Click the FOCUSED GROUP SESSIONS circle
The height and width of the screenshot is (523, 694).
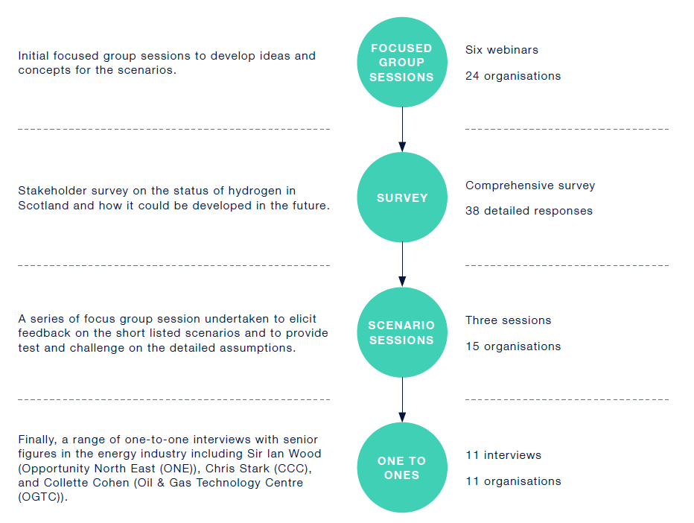[402, 62]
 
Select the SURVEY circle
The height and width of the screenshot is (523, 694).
[402, 197]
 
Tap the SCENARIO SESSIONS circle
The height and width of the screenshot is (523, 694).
[402, 332]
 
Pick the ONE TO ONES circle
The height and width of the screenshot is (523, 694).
[402, 467]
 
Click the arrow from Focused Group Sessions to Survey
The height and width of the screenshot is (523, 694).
[402, 130]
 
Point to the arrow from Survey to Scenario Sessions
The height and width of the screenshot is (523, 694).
[402, 264]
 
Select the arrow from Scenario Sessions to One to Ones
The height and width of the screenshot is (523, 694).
[402, 399]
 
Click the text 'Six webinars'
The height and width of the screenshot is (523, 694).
[501, 50]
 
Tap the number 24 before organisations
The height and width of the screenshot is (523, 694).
[472, 76]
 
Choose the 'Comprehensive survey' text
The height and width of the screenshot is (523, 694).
[529, 186]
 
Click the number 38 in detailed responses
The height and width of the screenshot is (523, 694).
[472, 211]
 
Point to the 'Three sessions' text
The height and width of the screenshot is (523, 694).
[508, 320]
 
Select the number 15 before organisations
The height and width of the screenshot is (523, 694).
[472, 346]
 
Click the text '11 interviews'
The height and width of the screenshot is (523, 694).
[503, 454]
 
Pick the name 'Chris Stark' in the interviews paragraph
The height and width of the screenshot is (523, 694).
[238, 468]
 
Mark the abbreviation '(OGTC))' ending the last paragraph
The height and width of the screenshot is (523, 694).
[42, 497]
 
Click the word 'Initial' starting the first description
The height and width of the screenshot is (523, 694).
[34, 56]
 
